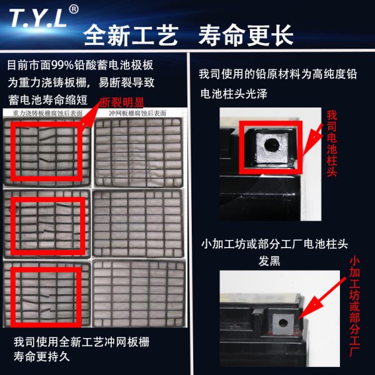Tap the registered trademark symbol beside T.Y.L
point(74,9)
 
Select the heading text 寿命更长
point(245,35)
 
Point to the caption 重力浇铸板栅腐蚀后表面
point(48,114)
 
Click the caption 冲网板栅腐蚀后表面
point(137,114)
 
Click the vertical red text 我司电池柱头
point(332,143)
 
